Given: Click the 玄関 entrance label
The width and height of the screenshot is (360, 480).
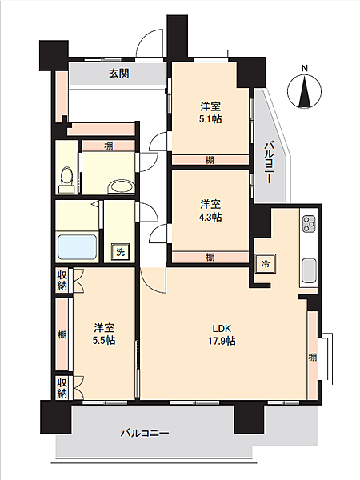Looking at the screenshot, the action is click(119, 74).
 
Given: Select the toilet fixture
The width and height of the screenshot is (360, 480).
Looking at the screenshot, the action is click(66, 180).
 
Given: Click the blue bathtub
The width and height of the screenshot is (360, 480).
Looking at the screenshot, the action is click(77, 247).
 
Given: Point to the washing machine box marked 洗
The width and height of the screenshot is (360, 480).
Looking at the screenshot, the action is click(120, 252).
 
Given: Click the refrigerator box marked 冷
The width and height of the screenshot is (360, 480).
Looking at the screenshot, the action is click(266, 263).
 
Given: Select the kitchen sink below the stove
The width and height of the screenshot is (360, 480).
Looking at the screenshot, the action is click(309, 270).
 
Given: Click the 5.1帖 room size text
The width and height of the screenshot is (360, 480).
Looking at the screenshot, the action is click(210, 118).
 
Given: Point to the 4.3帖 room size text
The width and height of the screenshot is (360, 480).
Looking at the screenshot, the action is click(210, 217).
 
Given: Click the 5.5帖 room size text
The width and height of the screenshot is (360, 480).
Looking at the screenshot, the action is click(104, 341).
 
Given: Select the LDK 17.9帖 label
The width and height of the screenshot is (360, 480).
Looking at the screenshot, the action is click(222, 334).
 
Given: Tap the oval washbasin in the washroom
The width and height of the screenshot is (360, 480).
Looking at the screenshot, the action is click(122, 186).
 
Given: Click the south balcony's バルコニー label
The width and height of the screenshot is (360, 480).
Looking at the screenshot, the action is click(145, 434).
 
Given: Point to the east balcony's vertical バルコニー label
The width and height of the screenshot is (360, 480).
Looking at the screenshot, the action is click(268, 162).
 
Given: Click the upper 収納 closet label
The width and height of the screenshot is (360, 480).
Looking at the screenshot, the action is click(62, 280).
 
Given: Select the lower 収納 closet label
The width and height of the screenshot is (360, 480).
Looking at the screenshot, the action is click(62, 387).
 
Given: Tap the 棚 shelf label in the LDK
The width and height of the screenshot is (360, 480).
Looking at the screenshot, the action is click(312, 357).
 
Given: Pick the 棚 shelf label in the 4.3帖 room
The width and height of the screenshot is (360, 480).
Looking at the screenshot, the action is click(210, 258).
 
